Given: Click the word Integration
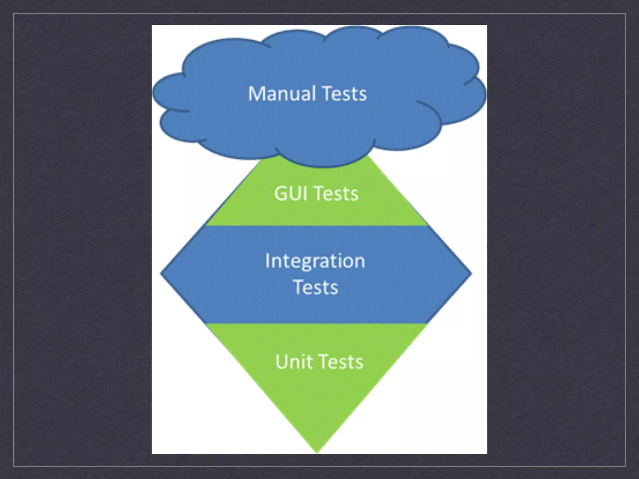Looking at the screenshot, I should coord(315,261).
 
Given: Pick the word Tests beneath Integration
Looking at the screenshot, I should coord(316,287).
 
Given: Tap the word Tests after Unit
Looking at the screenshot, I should coord(342,362).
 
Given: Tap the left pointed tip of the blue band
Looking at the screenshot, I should coord(162,273).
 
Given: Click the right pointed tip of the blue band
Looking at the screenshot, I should coord(471,273).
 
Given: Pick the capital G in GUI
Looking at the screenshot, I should coord(281,193).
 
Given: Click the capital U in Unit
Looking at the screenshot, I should coord(282,362).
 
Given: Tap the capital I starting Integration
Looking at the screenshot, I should coord(267,261).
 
